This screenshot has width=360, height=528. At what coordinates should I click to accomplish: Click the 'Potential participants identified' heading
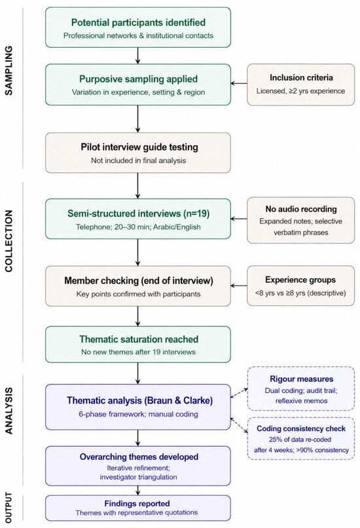138,22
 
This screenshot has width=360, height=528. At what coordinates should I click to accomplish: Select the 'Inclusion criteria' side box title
301,77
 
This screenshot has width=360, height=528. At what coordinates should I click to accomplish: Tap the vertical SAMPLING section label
9,70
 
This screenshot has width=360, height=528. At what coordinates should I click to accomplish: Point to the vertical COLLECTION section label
9,241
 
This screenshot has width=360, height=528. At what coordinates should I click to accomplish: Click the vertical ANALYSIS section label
9,411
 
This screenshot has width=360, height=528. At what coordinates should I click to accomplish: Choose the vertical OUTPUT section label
9,508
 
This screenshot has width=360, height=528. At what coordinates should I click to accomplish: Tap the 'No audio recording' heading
301,209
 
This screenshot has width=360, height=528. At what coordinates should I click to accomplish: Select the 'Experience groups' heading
300,280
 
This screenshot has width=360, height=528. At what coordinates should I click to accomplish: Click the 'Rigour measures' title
302,379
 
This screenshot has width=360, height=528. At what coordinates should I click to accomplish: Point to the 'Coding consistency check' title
301,428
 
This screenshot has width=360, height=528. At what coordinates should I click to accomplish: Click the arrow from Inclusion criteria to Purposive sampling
239,83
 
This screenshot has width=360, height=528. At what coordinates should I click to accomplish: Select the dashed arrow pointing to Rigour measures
239,393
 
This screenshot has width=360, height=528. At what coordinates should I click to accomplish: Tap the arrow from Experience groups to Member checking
239,286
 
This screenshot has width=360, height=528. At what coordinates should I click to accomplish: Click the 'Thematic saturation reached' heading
139,339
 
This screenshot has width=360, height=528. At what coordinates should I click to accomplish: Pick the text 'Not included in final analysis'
138,160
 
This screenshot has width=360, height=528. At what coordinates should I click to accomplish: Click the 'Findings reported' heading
137,503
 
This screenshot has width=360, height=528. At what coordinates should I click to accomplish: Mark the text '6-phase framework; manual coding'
138,414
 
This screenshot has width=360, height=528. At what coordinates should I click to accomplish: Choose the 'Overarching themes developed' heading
139,457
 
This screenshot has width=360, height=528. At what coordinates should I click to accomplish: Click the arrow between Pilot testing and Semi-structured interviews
137,185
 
